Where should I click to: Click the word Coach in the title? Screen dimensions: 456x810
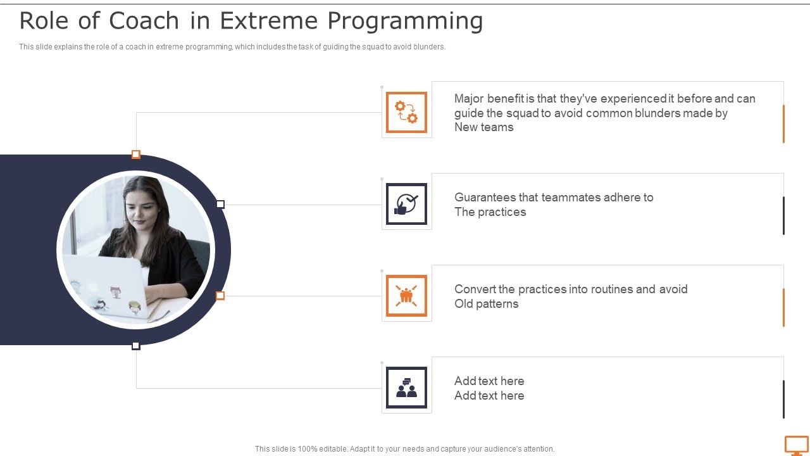click(144, 21)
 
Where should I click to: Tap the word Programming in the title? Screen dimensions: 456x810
click(405, 21)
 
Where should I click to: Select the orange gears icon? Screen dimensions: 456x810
click(406, 112)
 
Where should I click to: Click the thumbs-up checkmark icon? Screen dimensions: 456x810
click(406, 204)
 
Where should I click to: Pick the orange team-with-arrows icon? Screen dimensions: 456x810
click(406, 296)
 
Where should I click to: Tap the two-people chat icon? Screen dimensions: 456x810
click(406, 388)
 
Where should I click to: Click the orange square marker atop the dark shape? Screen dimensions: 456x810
click(135, 155)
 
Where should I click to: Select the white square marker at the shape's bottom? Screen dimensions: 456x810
click(135, 346)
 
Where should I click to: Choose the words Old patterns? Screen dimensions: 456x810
click(486, 304)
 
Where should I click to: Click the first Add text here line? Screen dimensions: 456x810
click(489, 381)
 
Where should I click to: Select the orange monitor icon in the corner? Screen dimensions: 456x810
click(796, 445)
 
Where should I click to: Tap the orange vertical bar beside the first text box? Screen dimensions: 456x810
click(783, 123)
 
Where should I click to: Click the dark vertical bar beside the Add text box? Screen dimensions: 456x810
click(783, 399)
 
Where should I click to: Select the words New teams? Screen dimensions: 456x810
click(483, 127)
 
